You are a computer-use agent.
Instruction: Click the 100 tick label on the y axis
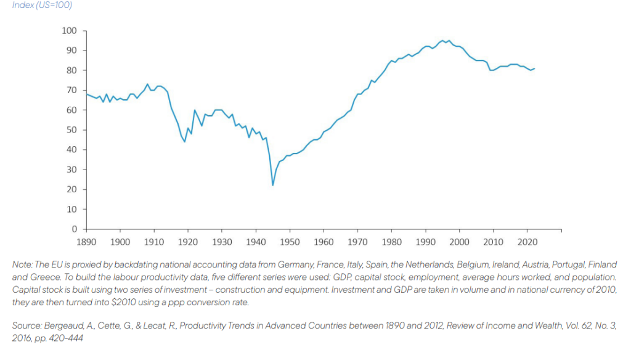point(69,31)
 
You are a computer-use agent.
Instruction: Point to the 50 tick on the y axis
point(71,130)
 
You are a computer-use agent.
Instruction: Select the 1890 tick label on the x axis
point(86,242)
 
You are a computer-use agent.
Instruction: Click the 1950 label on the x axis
point(290,242)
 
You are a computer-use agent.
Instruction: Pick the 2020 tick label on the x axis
point(527,242)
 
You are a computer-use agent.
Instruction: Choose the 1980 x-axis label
point(392,242)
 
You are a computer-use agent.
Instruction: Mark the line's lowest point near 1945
point(272,185)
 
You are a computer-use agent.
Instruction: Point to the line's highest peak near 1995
point(442,40)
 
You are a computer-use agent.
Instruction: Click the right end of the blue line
point(534,68)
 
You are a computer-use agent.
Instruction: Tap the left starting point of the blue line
point(86,94)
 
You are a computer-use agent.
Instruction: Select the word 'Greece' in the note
point(42,277)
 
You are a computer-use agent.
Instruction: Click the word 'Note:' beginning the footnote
point(23,264)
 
